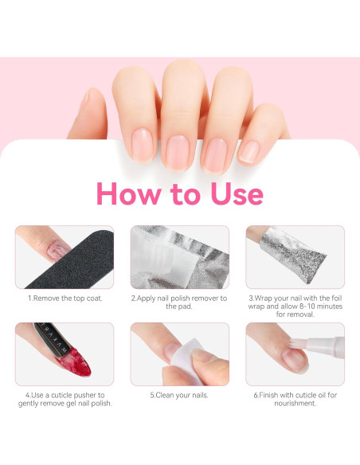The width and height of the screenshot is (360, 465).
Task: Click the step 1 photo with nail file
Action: pos(65,257)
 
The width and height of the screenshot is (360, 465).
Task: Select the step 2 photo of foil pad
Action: pos(179,257)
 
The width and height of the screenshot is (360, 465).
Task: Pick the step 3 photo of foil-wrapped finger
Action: pos(295,257)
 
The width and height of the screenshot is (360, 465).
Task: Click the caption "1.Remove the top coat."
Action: pos(65,299)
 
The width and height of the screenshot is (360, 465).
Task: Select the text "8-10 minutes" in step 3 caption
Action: pos(313,306)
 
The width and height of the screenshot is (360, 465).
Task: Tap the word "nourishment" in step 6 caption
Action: pos(294,403)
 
